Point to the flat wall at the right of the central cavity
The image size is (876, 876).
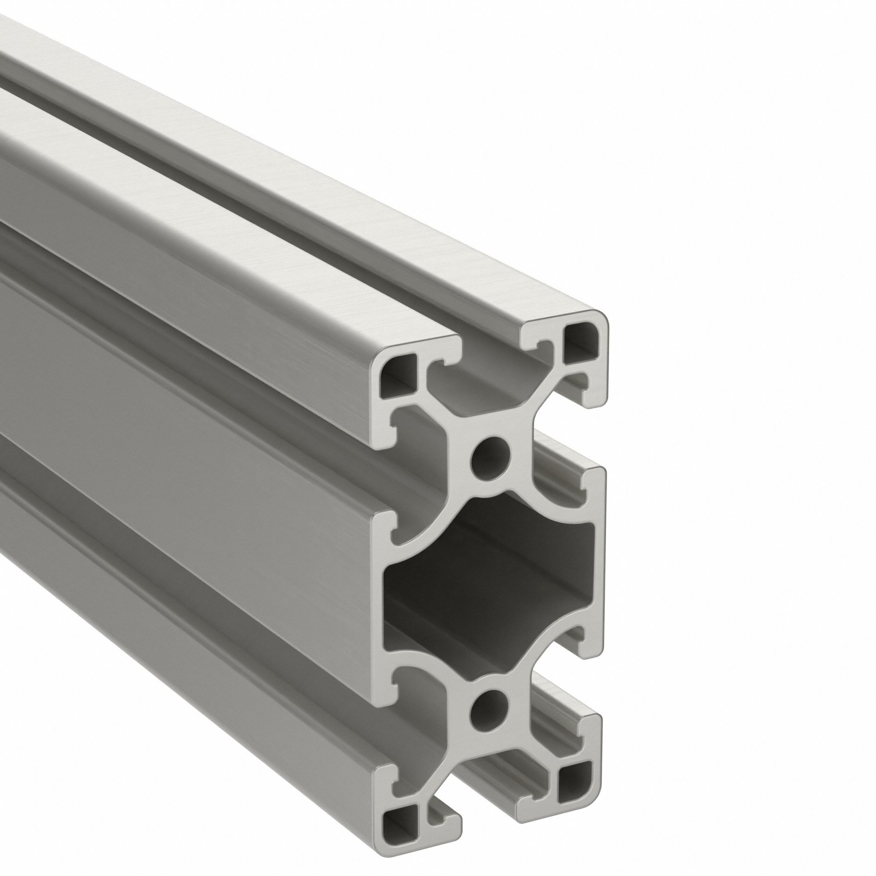(600, 576)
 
